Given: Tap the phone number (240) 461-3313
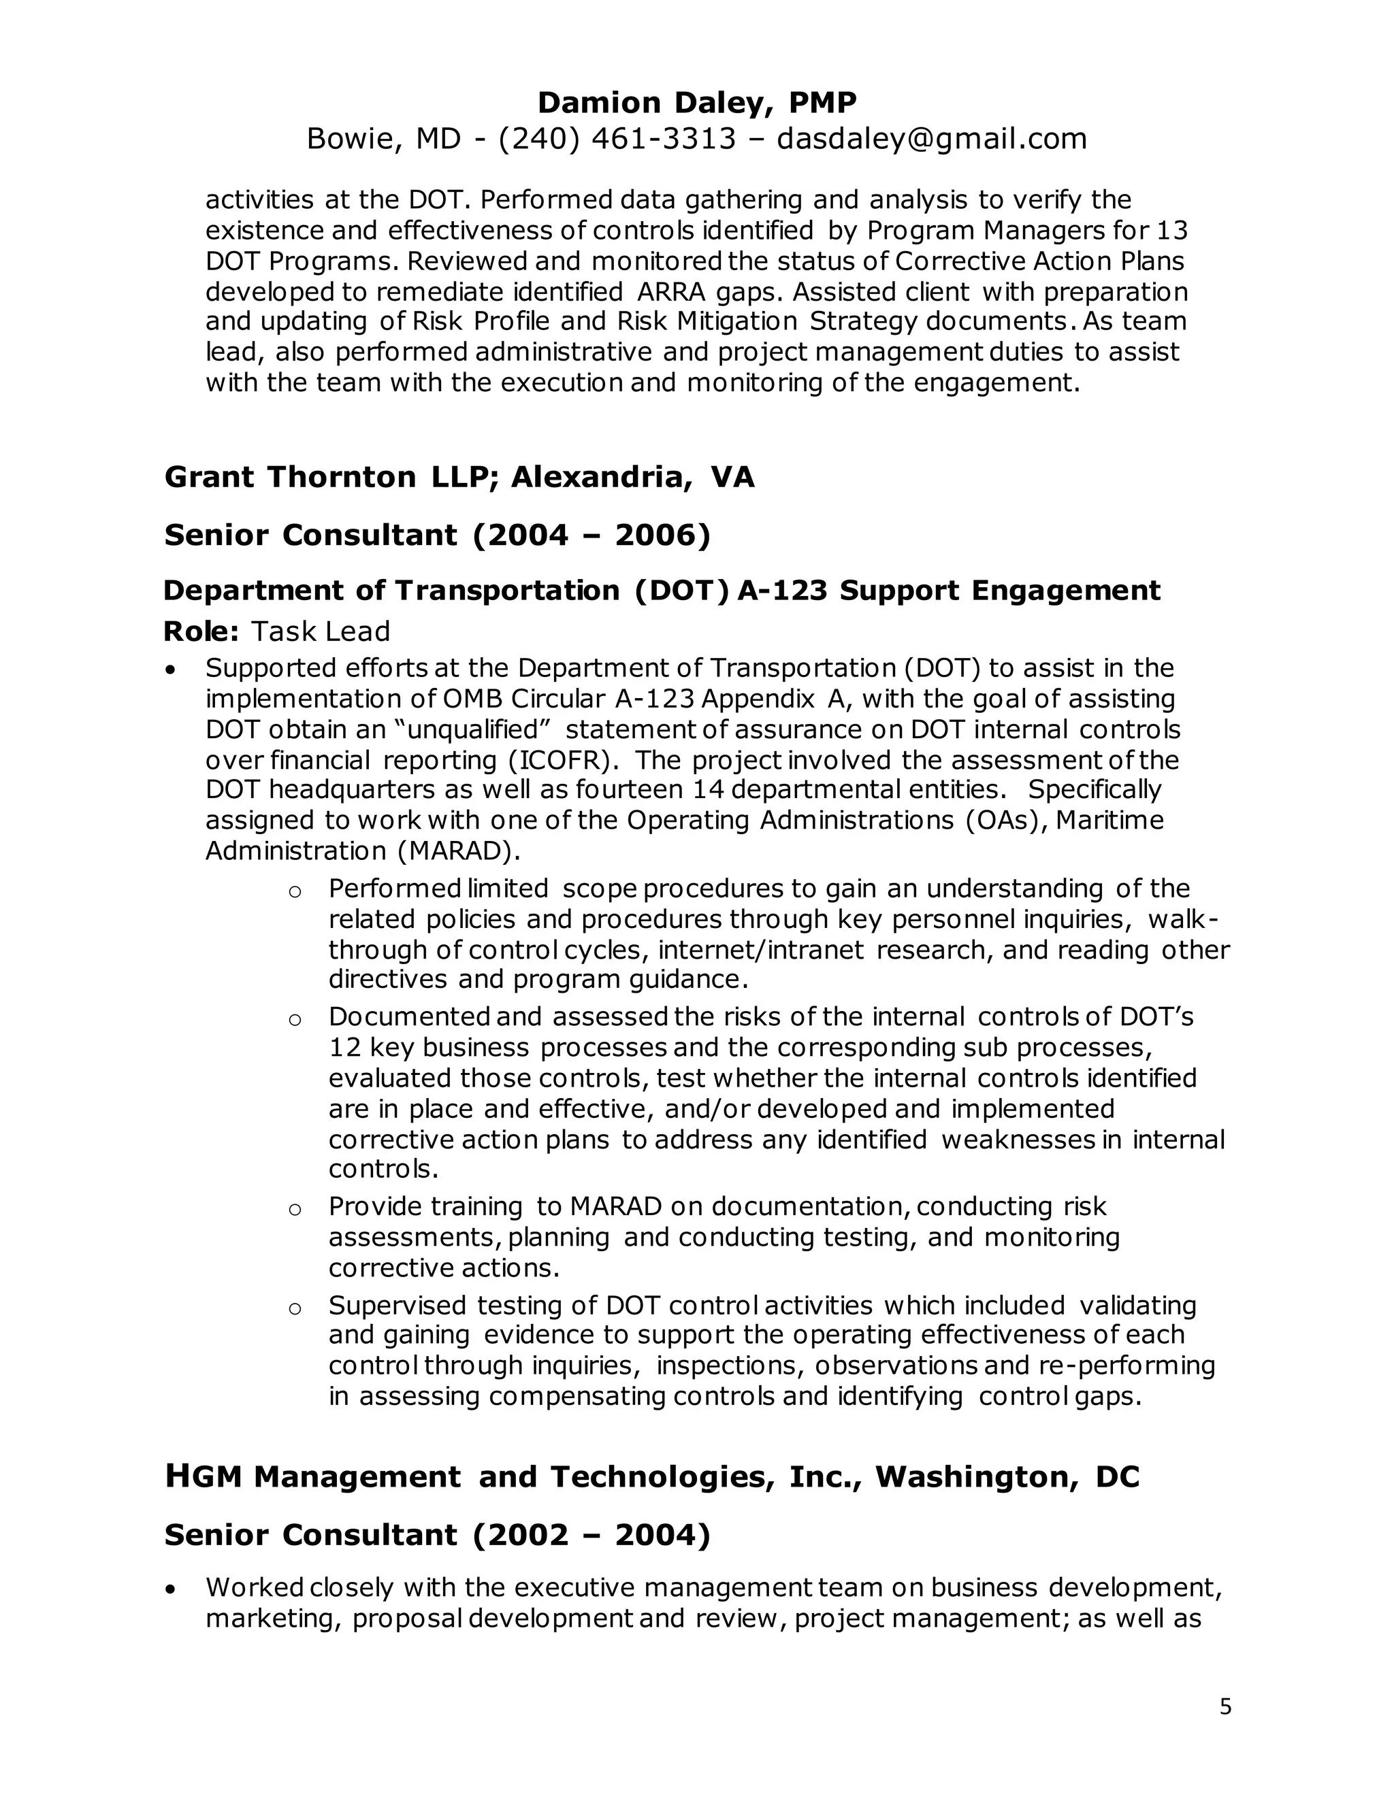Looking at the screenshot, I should point(617,139).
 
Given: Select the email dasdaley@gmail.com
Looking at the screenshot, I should point(932,139).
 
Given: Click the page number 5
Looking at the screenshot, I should point(1225,1706).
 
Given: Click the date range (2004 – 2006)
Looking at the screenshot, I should point(591,535).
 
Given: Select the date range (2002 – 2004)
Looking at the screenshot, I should point(591,1535).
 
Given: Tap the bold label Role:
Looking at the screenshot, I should point(201,631).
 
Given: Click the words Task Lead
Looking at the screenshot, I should point(321,631).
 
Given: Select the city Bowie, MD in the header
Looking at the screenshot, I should point(383,139).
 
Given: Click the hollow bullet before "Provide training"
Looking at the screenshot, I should point(294,1210).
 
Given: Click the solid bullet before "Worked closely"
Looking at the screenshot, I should point(170,1589).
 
